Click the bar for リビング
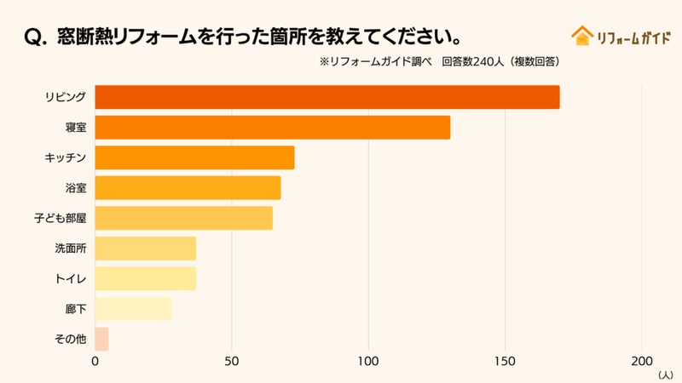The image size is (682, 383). pos(327,97)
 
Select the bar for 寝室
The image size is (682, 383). pos(272,128)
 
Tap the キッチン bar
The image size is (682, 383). pos(194,157)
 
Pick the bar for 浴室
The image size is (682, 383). pos(188,188)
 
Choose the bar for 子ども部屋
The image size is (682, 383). pos(183,218)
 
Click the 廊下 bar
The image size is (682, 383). pos(133,309)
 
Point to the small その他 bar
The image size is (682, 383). pos(101,339)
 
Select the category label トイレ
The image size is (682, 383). pos(71,278)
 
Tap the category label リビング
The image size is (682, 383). pos(66,97)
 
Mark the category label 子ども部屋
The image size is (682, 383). pos(60,218)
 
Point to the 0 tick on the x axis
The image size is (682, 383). pos(95,360)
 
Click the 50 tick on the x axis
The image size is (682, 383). pos(231,360)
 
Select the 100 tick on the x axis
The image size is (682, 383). pos(368,360)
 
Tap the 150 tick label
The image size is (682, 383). pos(506,360)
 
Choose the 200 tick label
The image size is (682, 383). pos(642,360)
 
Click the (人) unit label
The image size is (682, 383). pos(665,374)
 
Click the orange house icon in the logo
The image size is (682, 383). pos(582,36)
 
